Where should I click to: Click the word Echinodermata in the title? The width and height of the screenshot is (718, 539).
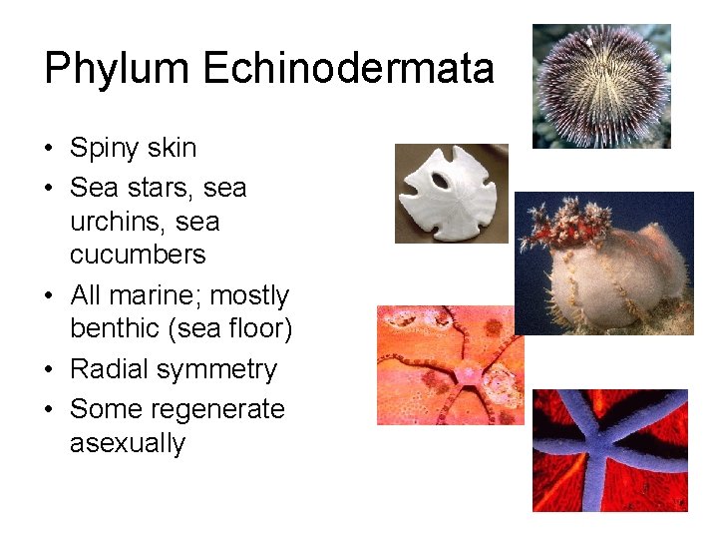click(349, 68)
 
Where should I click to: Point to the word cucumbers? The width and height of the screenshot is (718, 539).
click(138, 255)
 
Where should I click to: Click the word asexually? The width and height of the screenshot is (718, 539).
click(128, 442)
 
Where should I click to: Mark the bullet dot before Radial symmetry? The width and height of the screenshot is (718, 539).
click(50, 371)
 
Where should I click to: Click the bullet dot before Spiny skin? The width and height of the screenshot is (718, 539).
click(50, 150)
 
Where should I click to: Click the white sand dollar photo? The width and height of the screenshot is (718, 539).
click(452, 193)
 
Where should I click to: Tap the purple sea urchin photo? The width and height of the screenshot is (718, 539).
click(601, 87)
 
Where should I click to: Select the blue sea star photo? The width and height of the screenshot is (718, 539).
click(609, 450)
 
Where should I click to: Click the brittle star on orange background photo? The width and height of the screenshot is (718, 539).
click(451, 365)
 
